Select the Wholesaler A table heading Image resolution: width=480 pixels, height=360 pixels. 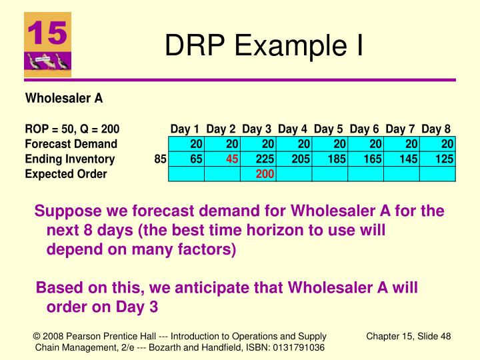[x=64, y=99]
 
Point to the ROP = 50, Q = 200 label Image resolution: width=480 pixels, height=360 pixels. [x=72, y=129]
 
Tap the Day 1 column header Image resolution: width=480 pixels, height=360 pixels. [x=185, y=129]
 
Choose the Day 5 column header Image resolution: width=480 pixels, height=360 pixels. [x=329, y=129]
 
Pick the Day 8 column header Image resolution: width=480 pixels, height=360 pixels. [x=436, y=129]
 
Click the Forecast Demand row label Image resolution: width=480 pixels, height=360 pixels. [x=71, y=144]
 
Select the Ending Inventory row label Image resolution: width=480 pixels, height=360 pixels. [x=70, y=159]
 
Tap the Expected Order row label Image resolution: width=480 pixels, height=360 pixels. [x=66, y=175]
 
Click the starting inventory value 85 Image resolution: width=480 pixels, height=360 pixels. [x=160, y=159]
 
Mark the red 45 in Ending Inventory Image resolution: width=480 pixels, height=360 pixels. [x=232, y=159]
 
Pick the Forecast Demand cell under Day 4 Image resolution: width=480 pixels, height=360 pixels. [x=294, y=144]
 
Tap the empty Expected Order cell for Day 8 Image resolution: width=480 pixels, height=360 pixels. [x=437, y=175]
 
